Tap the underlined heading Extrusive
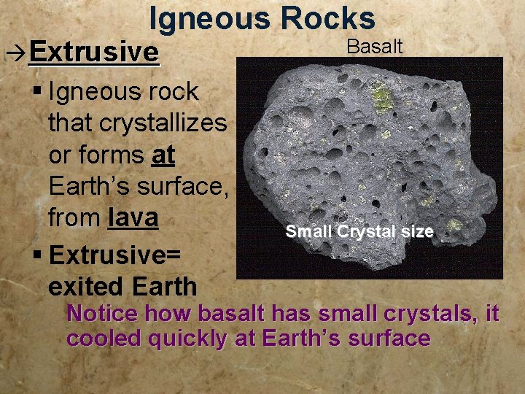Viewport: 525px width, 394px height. coord(94,52)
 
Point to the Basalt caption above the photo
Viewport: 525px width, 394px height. coord(374,47)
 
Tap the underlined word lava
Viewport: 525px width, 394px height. coord(133,218)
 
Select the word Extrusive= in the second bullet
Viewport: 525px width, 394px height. coord(114,255)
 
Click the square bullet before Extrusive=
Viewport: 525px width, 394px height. coord(38,256)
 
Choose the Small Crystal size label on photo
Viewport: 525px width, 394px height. coord(359,232)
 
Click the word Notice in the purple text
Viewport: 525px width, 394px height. coord(102,314)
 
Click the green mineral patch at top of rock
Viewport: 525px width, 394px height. coord(380,98)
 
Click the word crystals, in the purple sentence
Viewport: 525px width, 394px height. coord(427,314)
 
